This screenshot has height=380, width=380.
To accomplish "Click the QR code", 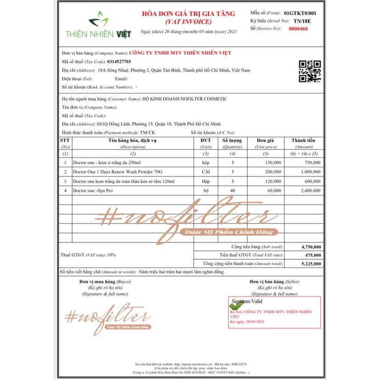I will click(x=309, y=71).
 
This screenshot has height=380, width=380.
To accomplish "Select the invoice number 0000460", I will click(x=298, y=29).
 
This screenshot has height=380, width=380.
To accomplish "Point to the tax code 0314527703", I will click(x=119, y=61).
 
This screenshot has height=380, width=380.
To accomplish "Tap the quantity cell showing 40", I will click(x=233, y=190).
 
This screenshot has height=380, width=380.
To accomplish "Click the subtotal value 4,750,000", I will click(x=311, y=247).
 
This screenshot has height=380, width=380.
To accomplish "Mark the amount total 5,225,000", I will click(x=311, y=263).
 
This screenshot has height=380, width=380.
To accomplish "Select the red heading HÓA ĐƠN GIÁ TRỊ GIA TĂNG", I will click(x=188, y=14).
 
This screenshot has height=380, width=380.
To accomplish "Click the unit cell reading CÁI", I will click(x=205, y=172).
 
